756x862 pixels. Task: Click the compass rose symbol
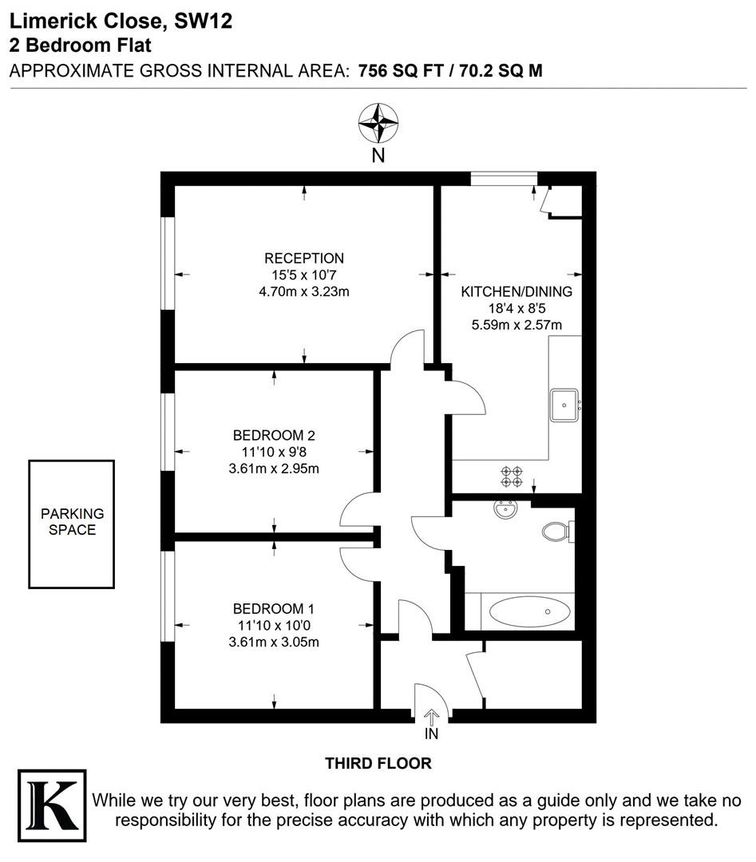tap(378, 123)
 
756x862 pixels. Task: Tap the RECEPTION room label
tap(304, 259)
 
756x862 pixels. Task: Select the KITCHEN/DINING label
tap(517, 291)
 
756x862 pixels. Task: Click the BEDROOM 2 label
tap(274, 436)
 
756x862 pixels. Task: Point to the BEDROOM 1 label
tap(273, 608)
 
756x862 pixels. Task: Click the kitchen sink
tap(564, 405)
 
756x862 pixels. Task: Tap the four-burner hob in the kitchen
tap(512, 476)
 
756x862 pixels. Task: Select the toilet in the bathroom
tap(557, 532)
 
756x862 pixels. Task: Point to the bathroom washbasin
tap(505, 509)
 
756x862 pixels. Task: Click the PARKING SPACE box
tap(72, 524)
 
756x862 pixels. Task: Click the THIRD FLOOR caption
tap(378, 763)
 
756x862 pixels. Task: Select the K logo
tap(52, 805)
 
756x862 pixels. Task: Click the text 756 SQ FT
tap(401, 71)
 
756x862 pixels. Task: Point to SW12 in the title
tap(203, 21)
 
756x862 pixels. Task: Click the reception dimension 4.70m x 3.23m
tap(304, 291)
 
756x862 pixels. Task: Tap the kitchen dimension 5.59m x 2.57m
tap(517, 324)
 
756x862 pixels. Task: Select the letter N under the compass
tap(378, 156)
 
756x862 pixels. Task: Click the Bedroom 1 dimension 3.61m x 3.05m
tap(274, 642)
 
